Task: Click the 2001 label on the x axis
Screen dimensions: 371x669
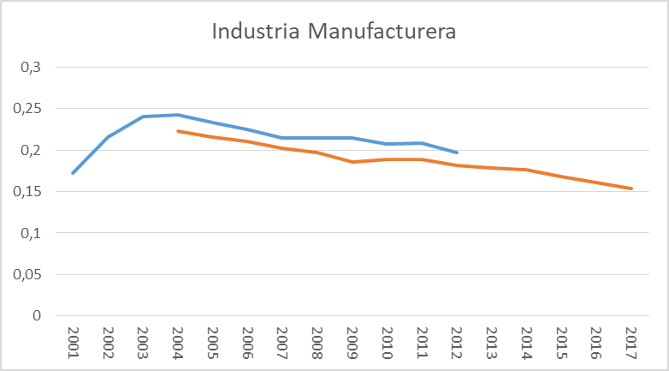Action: click(x=74, y=343)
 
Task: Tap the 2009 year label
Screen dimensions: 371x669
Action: click(x=352, y=343)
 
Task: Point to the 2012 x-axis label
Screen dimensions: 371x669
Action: click(x=456, y=343)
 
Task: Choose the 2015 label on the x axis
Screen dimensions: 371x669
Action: click(x=560, y=343)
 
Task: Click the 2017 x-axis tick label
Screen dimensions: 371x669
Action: click(x=631, y=343)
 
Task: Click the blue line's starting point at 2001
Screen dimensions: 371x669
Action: click(x=73, y=173)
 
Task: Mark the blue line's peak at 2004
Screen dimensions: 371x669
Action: click(x=177, y=115)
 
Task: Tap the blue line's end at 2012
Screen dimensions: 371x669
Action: click(x=456, y=153)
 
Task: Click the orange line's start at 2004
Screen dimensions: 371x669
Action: click(x=177, y=131)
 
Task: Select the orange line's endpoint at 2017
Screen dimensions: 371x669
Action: click(x=631, y=188)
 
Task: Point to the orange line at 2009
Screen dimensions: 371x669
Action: click(x=352, y=162)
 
